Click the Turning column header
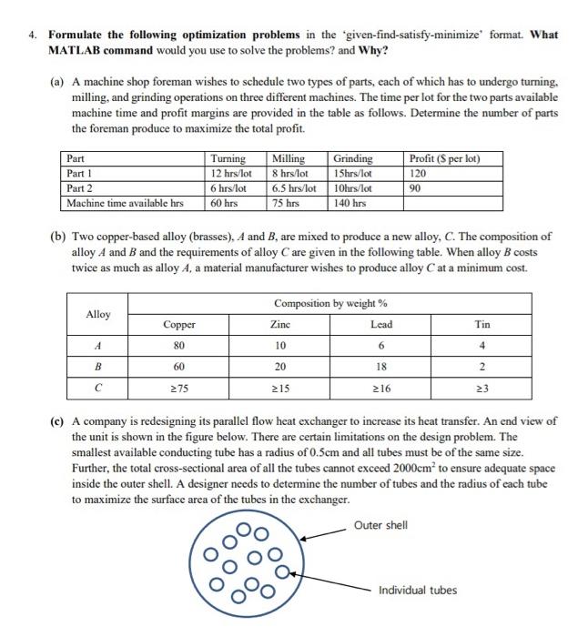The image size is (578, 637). click(228, 159)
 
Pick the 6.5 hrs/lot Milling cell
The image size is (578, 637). click(293, 188)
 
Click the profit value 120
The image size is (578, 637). click(419, 174)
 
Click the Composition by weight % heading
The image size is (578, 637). click(330, 302)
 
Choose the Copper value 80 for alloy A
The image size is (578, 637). click(179, 346)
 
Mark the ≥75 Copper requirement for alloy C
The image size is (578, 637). click(179, 389)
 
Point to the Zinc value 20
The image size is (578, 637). click(280, 367)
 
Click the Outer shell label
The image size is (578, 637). click(381, 525)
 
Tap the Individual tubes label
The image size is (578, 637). click(418, 590)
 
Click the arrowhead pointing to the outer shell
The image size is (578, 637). click(303, 538)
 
